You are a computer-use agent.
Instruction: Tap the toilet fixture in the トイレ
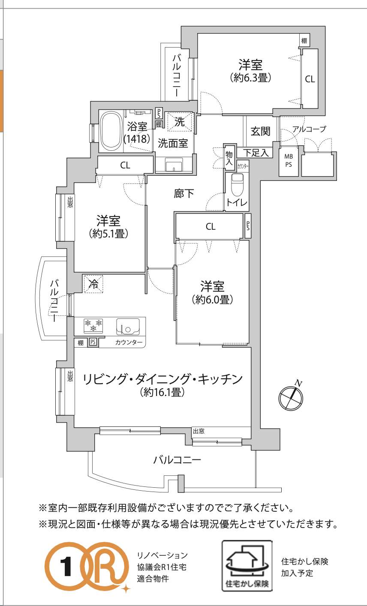tap(238, 185)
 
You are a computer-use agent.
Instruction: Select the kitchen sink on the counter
tap(128, 327)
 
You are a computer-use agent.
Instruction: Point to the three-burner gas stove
tap(93, 325)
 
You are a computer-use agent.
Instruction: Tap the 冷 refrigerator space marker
tap(93, 284)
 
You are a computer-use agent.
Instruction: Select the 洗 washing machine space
tap(180, 122)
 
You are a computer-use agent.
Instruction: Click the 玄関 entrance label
tap(260, 132)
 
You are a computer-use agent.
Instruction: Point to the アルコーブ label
tap(309, 129)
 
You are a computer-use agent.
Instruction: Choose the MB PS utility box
tap(289, 161)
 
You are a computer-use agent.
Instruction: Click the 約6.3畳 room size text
tap(251, 78)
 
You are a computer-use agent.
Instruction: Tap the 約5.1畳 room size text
tap(108, 234)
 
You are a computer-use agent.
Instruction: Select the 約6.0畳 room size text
tap(212, 300)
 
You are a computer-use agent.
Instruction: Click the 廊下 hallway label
tap(184, 193)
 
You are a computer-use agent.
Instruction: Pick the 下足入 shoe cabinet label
tap(256, 153)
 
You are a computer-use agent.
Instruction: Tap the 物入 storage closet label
tap(229, 158)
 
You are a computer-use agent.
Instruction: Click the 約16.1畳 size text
tap(162, 392)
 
